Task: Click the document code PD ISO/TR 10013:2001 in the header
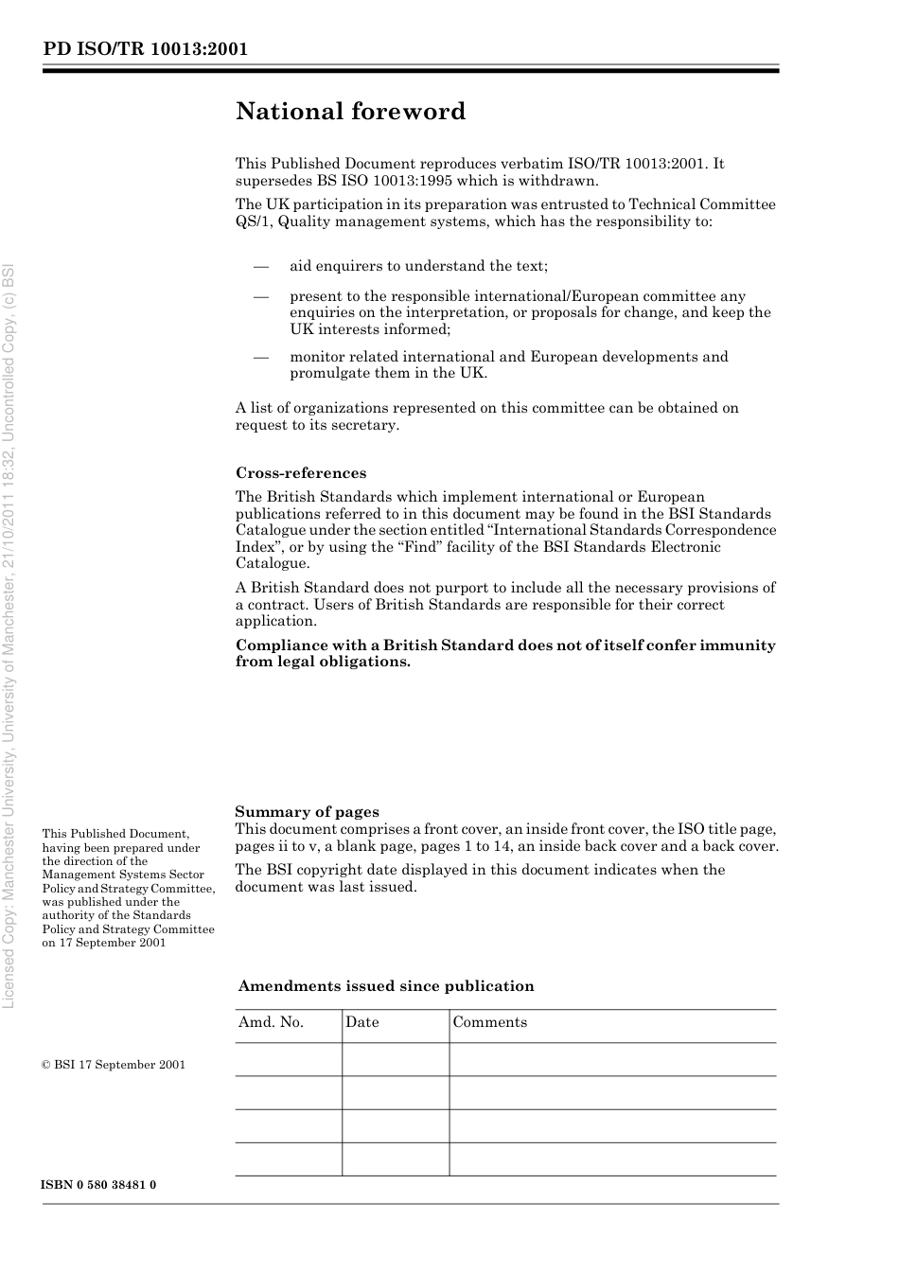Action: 145,49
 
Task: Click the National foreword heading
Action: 350,112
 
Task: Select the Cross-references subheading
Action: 300,473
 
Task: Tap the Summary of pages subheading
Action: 307,811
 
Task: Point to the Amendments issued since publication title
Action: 386,986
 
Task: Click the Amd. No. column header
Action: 271,1022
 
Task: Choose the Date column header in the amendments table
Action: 361,1022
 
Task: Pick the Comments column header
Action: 489,1022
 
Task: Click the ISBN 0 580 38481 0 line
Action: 98,1185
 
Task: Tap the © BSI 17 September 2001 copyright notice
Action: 114,1065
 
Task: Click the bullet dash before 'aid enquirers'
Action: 261,266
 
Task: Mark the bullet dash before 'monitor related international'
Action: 261,357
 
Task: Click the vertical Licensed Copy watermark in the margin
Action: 10,634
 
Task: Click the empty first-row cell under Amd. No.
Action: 288,1059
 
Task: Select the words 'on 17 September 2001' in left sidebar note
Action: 104,943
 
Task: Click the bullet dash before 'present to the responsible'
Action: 261,296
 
